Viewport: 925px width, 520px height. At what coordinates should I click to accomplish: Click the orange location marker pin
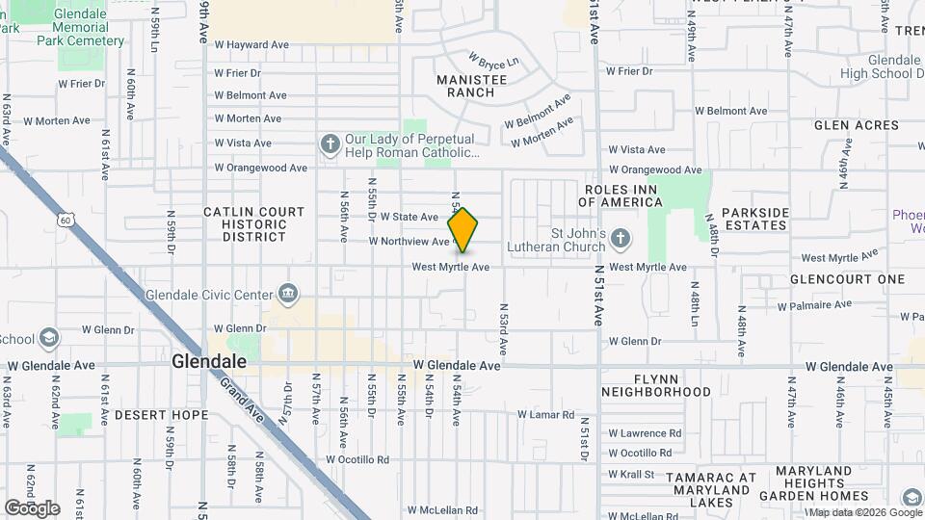[463, 230]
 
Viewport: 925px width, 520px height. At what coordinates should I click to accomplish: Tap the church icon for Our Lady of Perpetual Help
[330, 144]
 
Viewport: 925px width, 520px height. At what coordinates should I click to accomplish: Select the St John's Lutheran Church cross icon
[621, 238]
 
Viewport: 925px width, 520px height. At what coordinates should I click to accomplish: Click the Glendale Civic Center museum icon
[287, 293]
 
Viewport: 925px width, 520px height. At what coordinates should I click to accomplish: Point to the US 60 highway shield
[64, 221]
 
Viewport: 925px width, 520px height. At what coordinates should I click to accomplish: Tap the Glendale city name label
[209, 362]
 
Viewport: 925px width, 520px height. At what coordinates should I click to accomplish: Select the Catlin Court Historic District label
[254, 223]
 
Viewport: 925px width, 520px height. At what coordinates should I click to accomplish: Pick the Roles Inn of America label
[621, 195]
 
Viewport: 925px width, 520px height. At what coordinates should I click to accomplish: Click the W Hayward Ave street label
[251, 44]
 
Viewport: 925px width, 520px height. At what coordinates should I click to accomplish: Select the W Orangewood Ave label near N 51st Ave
[654, 169]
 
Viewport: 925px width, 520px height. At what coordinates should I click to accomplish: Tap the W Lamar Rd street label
[545, 415]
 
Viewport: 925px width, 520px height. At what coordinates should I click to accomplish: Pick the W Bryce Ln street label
[493, 61]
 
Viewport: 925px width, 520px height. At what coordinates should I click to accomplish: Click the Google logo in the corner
[32, 507]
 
